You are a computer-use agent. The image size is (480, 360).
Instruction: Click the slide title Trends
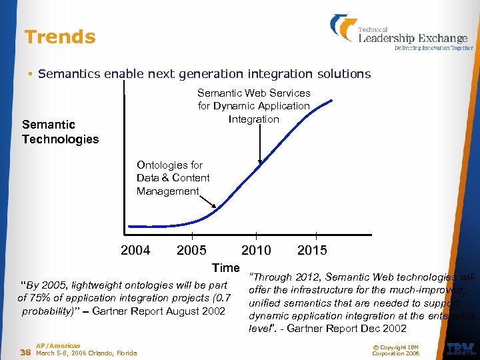click(60, 37)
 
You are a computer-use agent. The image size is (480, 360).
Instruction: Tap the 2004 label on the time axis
click(135, 251)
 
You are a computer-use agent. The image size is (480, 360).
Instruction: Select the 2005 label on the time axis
click(191, 251)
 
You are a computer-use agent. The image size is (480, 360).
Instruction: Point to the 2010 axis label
click(256, 251)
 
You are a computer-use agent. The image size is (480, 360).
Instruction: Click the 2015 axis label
click(312, 251)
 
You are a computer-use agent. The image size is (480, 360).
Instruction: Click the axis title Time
click(225, 268)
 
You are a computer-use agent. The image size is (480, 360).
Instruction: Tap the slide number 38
click(25, 352)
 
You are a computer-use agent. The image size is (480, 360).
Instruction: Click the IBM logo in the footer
click(461, 349)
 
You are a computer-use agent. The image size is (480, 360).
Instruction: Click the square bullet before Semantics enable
click(31, 74)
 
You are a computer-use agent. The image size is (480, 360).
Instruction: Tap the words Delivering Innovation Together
click(434, 48)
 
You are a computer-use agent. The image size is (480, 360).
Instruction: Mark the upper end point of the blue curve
click(332, 101)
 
